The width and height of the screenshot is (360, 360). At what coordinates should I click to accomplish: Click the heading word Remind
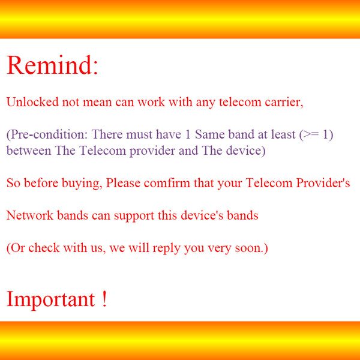point(49,65)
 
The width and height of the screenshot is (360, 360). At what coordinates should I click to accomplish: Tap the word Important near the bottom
point(51,299)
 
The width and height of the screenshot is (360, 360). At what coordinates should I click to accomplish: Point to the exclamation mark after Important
point(104,298)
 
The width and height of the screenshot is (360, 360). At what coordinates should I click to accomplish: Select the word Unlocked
point(32,102)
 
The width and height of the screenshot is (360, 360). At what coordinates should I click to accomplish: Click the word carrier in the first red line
point(284,102)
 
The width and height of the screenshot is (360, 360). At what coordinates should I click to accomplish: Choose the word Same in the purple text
point(209,134)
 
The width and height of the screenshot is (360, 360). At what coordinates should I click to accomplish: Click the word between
point(29,151)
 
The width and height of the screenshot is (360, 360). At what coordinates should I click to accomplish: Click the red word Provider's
point(323,183)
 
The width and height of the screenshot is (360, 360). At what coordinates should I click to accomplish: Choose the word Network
point(30,215)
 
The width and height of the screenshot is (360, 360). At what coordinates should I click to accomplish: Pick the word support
point(134,216)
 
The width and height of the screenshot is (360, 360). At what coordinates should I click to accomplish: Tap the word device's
point(202,215)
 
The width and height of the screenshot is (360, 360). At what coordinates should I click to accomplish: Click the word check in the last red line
point(44,248)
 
